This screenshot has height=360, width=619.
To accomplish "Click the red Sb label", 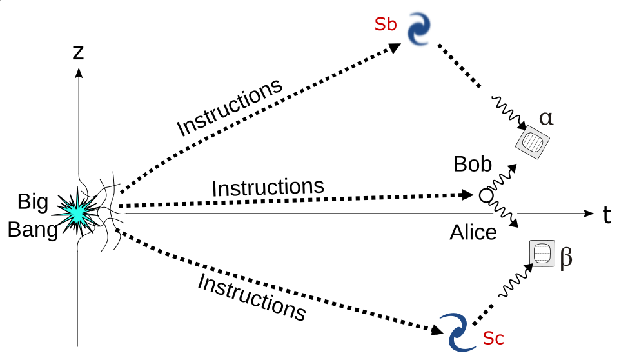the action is [x=386, y=25].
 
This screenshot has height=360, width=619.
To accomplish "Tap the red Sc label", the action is [x=493, y=338].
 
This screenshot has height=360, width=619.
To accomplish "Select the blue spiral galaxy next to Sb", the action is [x=419, y=29].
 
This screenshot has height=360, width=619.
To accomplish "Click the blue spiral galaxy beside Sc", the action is [x=458, y=332].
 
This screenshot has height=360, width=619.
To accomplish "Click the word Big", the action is [x=33, y=203].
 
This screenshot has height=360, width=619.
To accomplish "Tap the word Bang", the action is [x=33, y=230].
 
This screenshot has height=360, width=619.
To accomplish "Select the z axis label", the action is [x=78, y=52].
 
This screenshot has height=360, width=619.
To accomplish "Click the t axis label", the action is [x=607, y=215].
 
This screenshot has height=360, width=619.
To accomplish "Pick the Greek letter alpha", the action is [x=546, y=118].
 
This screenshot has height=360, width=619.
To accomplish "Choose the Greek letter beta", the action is [x=566, y=257].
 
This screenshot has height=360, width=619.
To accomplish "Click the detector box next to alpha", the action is [x=533, y=141].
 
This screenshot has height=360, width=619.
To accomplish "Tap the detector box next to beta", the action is [x=542, y=253].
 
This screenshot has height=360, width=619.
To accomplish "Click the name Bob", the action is [x=473, y=164].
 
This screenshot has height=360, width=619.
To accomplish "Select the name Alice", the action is [x=473, y=232].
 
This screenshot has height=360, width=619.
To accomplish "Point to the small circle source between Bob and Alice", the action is [x=486, y=195].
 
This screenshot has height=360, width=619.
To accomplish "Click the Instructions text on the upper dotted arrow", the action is [x=230, y=107].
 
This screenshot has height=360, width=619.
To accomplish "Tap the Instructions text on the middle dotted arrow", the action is [x=268, y=187].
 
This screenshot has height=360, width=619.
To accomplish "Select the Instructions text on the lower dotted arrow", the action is [x=251, y=297].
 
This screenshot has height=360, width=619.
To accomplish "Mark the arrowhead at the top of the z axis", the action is [x=79, y=73].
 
